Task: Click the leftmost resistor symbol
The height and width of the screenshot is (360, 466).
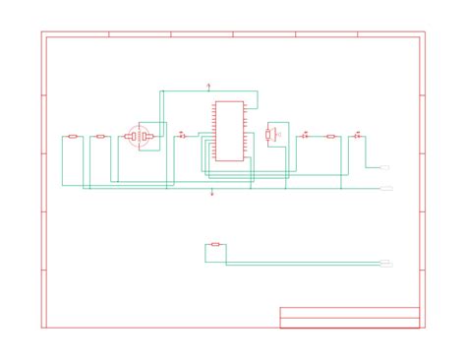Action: click(x=73, y=137)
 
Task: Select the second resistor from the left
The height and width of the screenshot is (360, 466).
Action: click(x=100, y=137)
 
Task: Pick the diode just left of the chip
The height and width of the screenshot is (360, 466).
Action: click(x=181, y=136)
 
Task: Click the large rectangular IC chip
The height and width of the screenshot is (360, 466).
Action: click(x=228, y=131)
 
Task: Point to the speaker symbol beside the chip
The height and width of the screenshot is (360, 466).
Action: click(x=271, y=134)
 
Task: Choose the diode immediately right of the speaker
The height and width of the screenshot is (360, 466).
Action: click(x=305, y=136)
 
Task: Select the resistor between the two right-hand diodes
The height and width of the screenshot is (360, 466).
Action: click(x=330, y=137)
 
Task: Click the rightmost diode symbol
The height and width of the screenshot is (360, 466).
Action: click(x=357, y=136)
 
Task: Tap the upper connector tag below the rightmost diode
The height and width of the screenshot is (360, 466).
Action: click(x=386, y=168)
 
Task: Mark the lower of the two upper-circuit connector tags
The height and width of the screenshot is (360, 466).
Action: click(x=386, y=187)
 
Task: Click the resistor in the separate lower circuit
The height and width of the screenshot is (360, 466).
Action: click(x=215, y=245)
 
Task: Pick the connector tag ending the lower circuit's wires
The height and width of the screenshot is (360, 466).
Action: click(x=386, y=264)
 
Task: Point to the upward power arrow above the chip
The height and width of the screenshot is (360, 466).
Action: click(x=208, y=87)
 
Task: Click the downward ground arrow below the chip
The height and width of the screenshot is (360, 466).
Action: click(x=212, y=193)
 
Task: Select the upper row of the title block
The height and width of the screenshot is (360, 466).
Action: click(x=350, y=311)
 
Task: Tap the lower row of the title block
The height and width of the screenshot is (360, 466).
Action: click(x=350, y=322)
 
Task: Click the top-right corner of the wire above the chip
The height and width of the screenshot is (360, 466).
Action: click(x=258, y=91)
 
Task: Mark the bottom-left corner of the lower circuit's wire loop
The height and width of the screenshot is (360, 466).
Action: click(x=205, y=262)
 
